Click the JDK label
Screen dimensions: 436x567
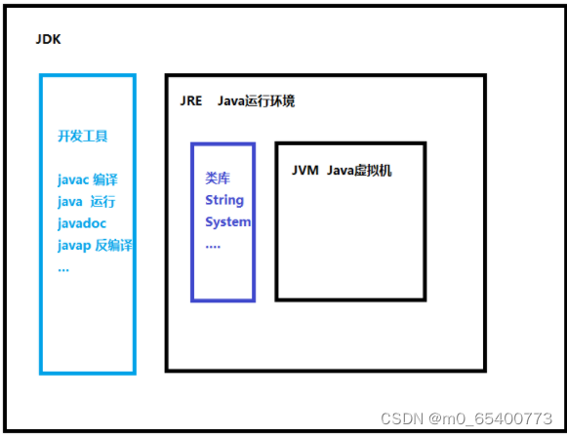(48, 41)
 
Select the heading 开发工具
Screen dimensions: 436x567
(83, 137)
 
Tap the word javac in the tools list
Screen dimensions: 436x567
(73, 179)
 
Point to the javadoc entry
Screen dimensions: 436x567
(81, 223)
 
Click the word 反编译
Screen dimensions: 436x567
(113, 245)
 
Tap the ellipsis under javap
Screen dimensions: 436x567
(62, 266)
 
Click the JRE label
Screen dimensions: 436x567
(191, 101)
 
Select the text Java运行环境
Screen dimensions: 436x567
(256, 101)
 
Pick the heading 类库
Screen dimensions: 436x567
(217, 178)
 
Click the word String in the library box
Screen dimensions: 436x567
(224, 200)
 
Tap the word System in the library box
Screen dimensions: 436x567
(227, 221)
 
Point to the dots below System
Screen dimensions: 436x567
(213, 244)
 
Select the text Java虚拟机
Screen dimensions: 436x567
(359, 171)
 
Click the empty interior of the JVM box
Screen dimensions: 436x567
(350, 244)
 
